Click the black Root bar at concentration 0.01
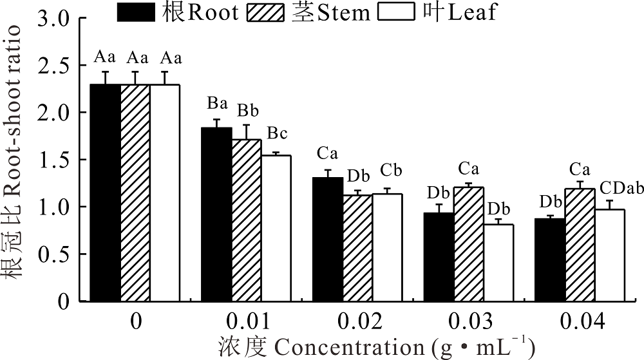(216, 214)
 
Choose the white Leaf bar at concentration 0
(165, 193)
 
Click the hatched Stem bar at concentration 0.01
(246, 220)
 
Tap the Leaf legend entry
(438, 12)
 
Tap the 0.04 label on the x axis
(583, 321)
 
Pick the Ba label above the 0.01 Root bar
(217, 103)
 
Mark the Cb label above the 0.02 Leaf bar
(391, 171)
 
